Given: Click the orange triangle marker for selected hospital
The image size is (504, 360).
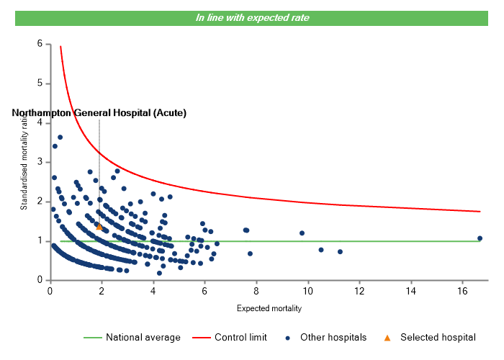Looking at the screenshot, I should tap(99, 227).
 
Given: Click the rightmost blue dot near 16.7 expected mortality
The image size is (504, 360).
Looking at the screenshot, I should tap(480, 238).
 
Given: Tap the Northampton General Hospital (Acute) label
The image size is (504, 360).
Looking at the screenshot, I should tap(99, 113).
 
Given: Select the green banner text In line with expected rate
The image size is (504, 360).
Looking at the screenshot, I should tap(252, 18).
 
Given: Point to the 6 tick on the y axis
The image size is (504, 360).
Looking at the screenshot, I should tap(40, 44).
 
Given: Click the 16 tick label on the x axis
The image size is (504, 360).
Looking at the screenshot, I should tap(462, 291).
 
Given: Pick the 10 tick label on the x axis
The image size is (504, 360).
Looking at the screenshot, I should tap(307, 291).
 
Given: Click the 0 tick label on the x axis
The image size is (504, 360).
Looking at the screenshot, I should tap(50, 291).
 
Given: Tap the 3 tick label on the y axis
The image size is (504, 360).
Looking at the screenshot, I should tap(40, 162).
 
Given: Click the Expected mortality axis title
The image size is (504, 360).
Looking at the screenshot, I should tap(269, 309).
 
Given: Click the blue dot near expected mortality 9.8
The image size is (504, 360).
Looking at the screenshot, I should tap(302, 233).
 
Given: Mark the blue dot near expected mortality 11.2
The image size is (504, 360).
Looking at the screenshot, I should tap(340, 252).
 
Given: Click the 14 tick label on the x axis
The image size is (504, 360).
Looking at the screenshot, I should tap(410, 291).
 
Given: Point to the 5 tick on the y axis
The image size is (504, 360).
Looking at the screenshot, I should tap(40, 84).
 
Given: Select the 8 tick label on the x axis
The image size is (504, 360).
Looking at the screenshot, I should tap(256, 291).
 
